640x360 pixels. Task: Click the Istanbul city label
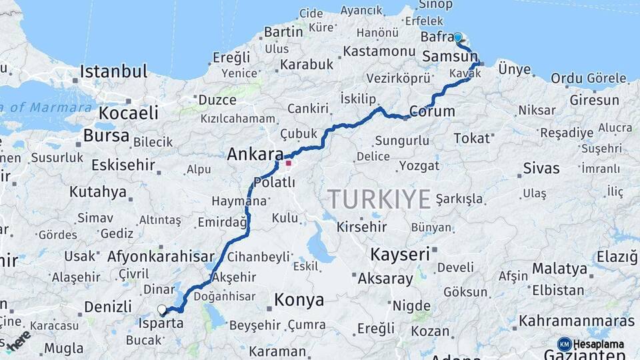tap(113, 71)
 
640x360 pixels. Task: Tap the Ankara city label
tap(255, 155)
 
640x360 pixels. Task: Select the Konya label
tap(299, 300)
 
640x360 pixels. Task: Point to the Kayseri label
tap(400, 254)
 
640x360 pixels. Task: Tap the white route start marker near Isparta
tap(162, 310)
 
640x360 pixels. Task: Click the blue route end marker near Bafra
tap(457, 37)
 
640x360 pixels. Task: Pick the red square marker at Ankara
tap(288, 163)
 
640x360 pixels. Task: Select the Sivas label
tap(541, 167)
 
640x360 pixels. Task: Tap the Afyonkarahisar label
tap(161, 256)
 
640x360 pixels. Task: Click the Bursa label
tap(107, 136)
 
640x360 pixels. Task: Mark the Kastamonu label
tap(380, 51)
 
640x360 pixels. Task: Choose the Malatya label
tap(560, 269)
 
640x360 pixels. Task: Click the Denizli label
tap(108, 307)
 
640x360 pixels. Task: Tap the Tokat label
tap(472, 139)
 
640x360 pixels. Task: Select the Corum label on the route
tap(432, 111)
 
